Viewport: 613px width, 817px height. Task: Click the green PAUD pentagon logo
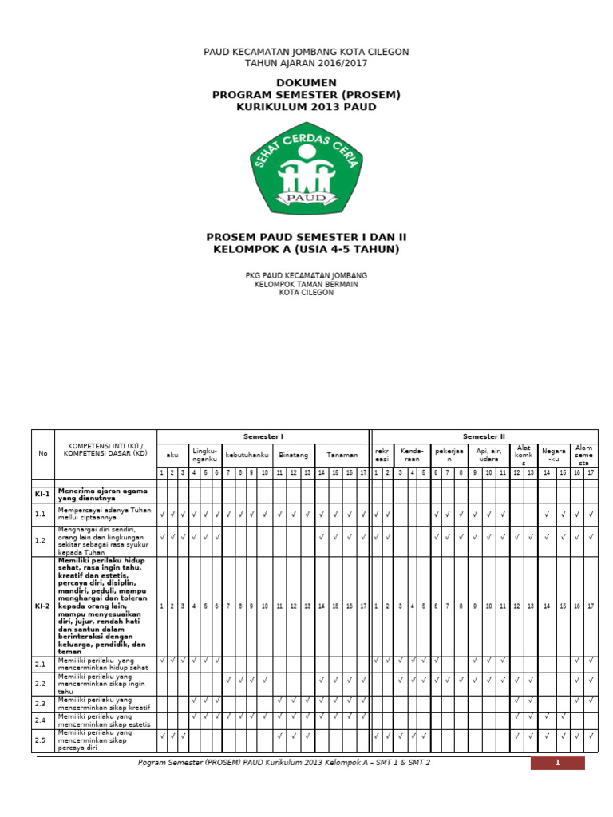pos(306,169)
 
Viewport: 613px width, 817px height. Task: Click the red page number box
pos(557,763)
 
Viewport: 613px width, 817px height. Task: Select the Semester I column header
pos(263,436)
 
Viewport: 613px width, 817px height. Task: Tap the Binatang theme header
pos(293,455)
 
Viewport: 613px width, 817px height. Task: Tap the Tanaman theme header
pos(342,455)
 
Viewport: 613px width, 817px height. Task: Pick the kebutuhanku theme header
pos(247,455)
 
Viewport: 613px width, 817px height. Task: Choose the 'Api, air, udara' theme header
pos(488,455)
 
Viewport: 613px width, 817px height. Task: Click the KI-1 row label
pos(42,494)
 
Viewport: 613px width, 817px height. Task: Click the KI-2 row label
pos(42,606)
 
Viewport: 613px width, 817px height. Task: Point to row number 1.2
pos(41,540)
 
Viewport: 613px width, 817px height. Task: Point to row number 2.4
pos(41,720)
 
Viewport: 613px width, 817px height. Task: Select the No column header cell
pos(42,453)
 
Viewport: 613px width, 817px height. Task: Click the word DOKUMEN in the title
pos(306,83)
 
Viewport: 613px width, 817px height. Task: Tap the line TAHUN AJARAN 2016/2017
pos(306,63)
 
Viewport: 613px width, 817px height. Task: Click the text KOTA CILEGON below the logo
pos(306,293)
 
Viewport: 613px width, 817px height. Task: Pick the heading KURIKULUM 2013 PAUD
pos(306,107)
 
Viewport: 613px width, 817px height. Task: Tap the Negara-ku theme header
pos(553,455)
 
